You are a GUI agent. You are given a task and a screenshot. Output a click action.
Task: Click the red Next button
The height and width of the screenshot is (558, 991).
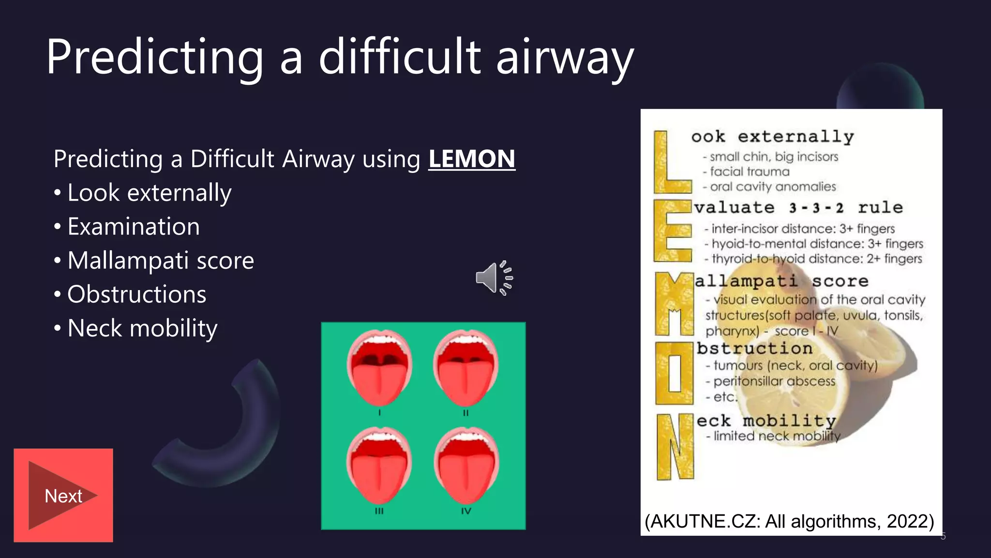[63, 496]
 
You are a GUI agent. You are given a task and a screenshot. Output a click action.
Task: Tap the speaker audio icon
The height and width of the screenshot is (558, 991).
[494, 278]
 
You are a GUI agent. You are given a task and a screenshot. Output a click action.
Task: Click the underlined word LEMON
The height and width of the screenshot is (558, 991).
[472, 159]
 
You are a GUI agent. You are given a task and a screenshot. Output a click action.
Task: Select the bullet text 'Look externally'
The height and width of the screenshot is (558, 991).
[150, 193]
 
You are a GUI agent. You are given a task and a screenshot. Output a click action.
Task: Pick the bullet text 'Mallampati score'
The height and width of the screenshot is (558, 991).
[161, 261]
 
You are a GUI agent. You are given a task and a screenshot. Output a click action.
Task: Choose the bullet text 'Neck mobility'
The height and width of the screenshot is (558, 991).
[142, 328]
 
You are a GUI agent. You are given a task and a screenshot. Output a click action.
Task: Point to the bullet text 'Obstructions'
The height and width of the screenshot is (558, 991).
[137, 294]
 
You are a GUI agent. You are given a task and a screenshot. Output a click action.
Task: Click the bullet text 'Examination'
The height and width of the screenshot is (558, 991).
[134, 227]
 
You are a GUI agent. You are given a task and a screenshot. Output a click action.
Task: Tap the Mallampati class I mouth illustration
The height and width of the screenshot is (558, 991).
[379, 368]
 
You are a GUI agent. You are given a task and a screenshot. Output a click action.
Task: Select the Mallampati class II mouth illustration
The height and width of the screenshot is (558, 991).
[465, 368]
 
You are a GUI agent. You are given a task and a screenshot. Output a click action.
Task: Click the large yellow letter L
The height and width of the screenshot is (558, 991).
[670, 163]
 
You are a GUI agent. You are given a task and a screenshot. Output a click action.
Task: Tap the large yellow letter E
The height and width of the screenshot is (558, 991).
[672, 231]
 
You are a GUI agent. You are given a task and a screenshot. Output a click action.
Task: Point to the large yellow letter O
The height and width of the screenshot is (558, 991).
[674, 373]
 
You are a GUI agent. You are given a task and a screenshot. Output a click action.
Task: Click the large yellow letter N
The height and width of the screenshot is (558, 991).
[675, 447]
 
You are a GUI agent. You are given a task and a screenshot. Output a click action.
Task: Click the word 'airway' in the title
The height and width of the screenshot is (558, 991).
[565, 58]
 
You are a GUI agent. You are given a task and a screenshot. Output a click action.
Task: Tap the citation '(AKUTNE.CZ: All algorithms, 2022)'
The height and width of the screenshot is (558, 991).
[789, 522]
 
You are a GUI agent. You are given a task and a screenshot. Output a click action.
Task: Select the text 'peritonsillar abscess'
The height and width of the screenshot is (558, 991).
[774, 382]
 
